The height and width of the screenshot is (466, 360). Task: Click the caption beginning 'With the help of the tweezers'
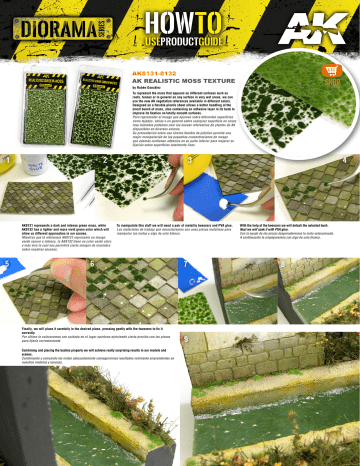coord(290,231)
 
